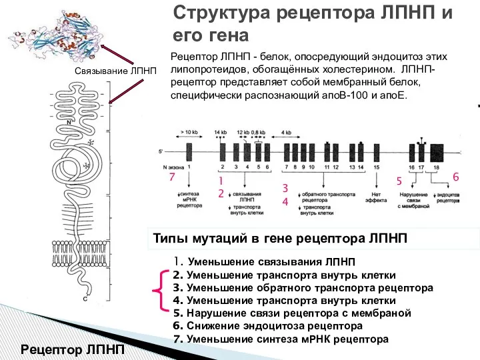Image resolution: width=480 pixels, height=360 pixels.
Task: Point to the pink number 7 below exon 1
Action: pos(171,178)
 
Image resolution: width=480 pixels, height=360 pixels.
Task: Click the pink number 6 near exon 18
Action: pos(456,177)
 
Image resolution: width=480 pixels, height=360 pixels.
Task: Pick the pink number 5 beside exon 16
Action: pos(399,181)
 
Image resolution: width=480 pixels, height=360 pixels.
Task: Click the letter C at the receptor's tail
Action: pos(85,317)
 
